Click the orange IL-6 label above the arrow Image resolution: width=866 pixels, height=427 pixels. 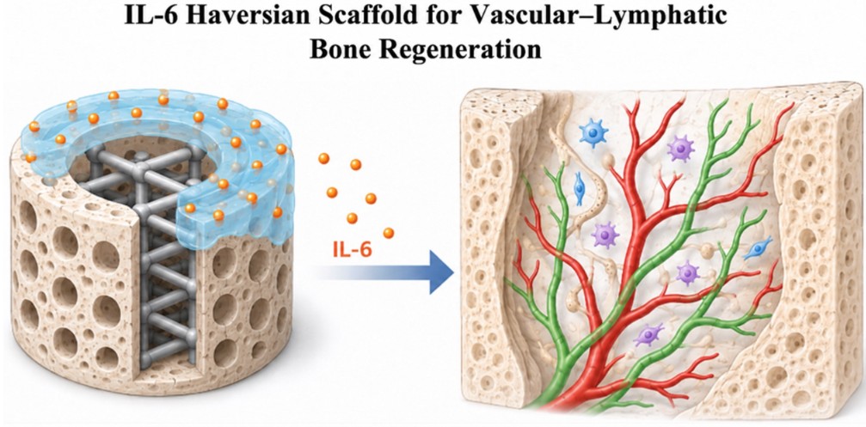[353, 251]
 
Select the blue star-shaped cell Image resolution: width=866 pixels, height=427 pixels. [593, 132]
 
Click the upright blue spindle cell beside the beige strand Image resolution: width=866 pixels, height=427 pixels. [579, 188]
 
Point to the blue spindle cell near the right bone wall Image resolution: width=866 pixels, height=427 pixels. [757, 249]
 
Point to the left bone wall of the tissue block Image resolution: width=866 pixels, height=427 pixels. [488, 248]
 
